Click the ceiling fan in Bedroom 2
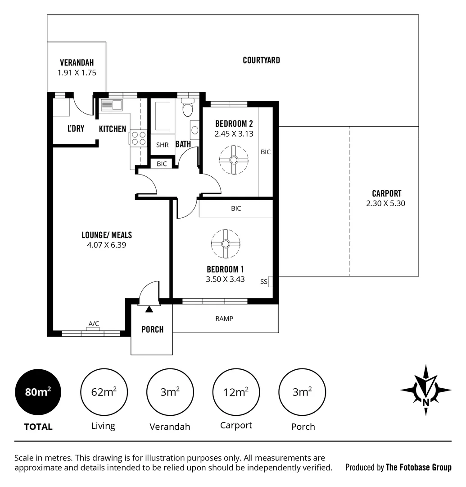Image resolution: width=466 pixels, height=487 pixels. pyautogui.click(x=233, y=160)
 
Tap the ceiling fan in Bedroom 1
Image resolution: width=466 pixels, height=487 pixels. pyautogui.click(x=226, y=244)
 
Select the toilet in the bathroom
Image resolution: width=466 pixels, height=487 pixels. pyautogui.click(x=188, y=109)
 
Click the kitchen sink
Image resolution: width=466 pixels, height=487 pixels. pyautogui.click(x=112, y=105)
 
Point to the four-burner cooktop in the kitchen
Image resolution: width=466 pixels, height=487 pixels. pyautogui.click(x=139, y=138)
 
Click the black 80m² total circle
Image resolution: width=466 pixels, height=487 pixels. pyautogui.click(x=38, y=392)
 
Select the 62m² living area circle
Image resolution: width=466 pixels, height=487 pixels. pyautogui.click(x=103, y=392)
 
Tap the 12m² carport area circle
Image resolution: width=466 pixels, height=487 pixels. pyautogui.click(x=236, y=392)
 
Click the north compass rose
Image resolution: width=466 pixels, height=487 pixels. pyautogui.click(x=425, y=390)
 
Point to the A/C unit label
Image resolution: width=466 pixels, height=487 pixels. pyautogui.click(x=94, y=323)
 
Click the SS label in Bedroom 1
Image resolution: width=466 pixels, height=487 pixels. pyautogui.click(x=264, y=282)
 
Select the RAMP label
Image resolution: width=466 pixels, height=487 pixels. pyautogui.click(x=224, y=318)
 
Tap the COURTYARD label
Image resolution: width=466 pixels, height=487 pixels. pyautogui.click(x=261, y=60)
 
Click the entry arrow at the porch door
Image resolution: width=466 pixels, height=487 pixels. pyautogui.click(x=149, y=309)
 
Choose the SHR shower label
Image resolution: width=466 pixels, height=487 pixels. pyautogui.click(x=162, y=145)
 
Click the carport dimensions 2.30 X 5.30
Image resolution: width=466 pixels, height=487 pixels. pyautogui.click(x=386, y=203)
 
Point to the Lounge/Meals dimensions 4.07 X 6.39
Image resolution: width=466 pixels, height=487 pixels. pyautogui.click(x=107, y=245)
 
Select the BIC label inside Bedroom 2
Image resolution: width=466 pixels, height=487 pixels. pyautogui.click(x=266, y=152)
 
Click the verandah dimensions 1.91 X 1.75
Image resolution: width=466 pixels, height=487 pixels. pyautogui.click(x=77, y=72)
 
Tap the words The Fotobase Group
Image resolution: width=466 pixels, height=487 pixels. pyautogui.click(x=418, y=467)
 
